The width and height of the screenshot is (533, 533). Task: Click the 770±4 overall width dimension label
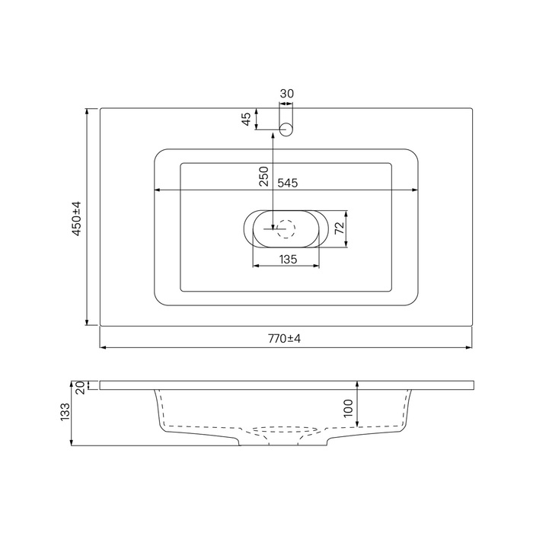coord(284,339)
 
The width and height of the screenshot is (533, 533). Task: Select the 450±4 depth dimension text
coord(77,219)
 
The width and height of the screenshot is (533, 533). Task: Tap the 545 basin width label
coord(288,183)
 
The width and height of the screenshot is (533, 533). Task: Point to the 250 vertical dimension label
coord(263,176)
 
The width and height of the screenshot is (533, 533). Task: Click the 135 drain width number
coord(289,260)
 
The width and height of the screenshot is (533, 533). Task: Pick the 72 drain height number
coord(340,228)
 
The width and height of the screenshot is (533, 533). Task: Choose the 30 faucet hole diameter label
coord(286,94)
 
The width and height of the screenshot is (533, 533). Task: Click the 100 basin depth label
coord(349,408)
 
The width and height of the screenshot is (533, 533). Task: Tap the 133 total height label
coord(65,412)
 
